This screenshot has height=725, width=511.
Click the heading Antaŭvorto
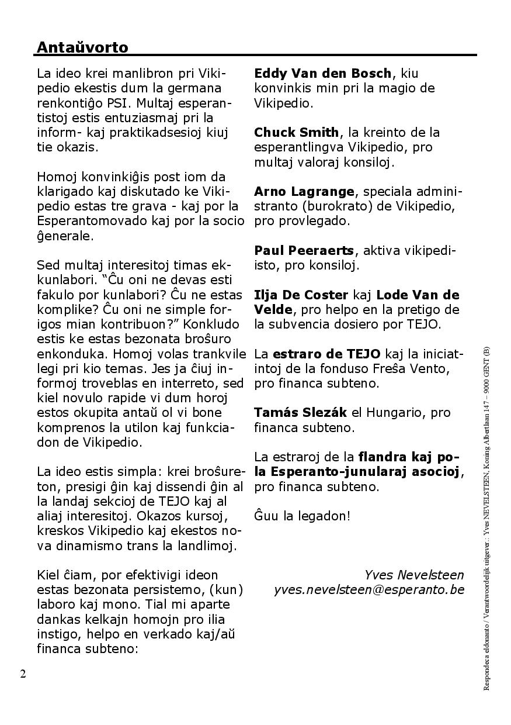click(x=82, y=47)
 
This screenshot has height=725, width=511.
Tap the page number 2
click(x=23, y=674)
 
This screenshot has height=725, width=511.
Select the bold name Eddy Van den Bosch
click(x=322, y=74)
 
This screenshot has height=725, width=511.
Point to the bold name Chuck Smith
click(x=296, y=132)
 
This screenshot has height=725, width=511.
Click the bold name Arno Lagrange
click(x=304, y=191)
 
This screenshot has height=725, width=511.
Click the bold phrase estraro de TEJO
click(x=326, y=354)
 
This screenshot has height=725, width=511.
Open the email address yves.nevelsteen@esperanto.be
click(x=369, y=590)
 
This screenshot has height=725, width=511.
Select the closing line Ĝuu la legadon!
click(x=302, y=516)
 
